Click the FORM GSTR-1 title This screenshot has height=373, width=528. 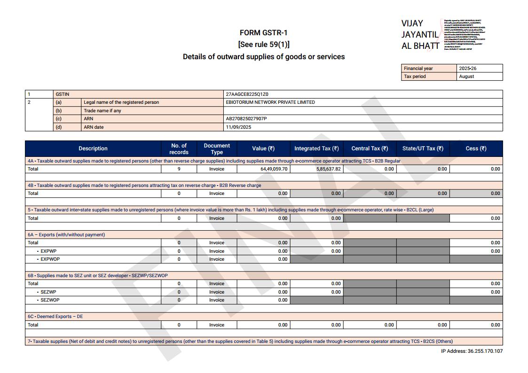coord(263,33)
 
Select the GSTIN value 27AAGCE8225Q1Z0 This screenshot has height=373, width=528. coord(247,94)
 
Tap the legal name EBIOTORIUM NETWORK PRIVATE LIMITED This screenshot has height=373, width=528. coord(270,102)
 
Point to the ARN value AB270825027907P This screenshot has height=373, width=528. coord(246,119)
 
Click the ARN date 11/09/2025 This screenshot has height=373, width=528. coord(238,127)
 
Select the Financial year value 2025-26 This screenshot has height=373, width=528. coord(468,69)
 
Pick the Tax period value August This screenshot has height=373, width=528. coord(466,77)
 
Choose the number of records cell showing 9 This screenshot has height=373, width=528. coord(179,169)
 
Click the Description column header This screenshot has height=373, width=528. coord(93,148)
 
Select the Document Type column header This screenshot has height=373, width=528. coord(217,148)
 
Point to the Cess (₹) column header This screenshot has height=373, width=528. coord(476,148)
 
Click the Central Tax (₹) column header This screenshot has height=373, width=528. coord(370,148)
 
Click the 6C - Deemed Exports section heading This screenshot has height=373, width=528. coord(55,317)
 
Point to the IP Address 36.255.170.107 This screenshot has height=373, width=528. coord(472,351)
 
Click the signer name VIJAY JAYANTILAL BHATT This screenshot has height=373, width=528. coord(419,34)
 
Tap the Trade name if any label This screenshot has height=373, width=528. coord(102,111)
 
